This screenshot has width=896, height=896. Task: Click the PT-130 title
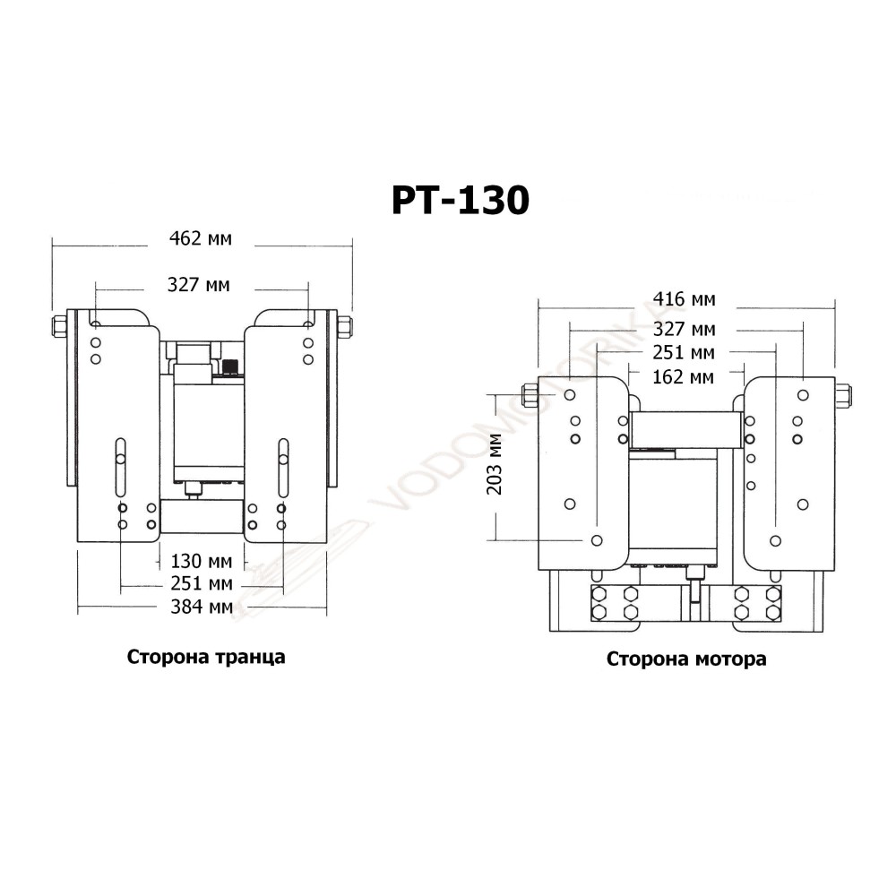[461, 200]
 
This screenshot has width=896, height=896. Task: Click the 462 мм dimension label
[201, 238]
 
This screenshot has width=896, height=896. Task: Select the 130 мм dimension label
[201, 561]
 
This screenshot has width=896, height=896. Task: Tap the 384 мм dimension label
[201, 607]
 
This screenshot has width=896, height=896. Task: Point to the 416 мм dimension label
[684, 299]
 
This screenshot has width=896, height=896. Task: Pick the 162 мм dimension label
[684, 377]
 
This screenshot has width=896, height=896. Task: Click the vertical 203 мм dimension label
[495, 464]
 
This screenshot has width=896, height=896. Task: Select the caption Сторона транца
[206, 657]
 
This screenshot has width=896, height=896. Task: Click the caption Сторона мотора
[686, 659]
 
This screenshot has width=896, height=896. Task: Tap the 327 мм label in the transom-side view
[198, 285]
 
